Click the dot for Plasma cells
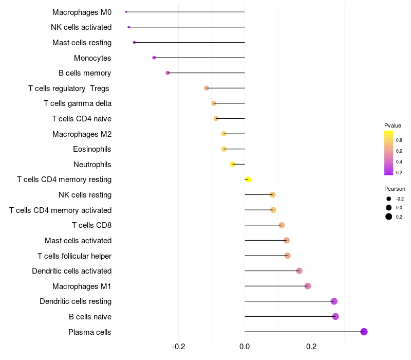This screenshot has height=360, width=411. [364, 332]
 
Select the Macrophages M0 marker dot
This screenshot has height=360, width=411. [126, 12]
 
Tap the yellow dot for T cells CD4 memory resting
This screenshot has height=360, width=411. [248, 179]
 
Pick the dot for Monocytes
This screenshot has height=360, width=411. [154, 58]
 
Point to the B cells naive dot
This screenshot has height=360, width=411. [335, 316]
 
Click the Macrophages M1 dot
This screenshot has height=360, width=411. [308, 286]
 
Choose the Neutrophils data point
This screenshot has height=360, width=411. [233, 164]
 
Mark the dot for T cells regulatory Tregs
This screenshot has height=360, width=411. [207, 88]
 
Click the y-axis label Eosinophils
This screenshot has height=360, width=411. [92, 149]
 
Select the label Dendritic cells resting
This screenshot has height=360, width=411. [76, 301]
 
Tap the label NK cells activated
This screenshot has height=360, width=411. [81, 27]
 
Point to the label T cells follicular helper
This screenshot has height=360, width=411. [74, 256]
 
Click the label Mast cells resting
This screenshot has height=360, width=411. [82, 43]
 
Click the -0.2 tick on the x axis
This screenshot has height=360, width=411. [178, 347]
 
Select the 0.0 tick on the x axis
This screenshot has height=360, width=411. [245, 347]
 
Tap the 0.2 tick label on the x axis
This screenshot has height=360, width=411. [311, 347]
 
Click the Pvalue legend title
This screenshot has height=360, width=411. [393, 125]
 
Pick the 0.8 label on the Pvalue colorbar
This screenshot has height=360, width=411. [399, 140]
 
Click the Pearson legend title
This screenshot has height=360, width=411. [395, 189]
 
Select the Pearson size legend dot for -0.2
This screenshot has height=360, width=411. [389, 199]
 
